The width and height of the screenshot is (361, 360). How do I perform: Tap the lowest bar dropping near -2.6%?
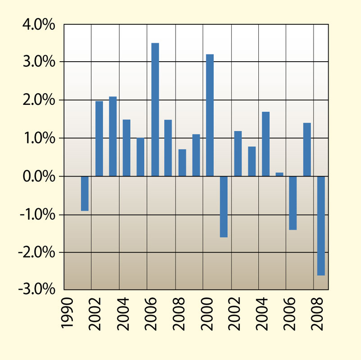tap(320, 225)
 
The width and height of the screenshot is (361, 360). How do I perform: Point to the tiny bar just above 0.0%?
tap(279, 174)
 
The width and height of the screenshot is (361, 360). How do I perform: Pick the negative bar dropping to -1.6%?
tap(224, 207)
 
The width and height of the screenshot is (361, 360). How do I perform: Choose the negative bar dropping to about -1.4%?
tap(293, 203)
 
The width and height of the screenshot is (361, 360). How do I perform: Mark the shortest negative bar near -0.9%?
tap(85, 193)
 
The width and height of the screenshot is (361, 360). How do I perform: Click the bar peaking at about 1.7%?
tap(266, 144)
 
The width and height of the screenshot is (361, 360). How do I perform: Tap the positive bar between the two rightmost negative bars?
tap(307, 149)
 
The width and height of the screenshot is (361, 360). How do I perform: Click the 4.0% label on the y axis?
tap(39, 25)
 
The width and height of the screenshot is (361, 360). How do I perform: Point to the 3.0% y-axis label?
tap(39, 62)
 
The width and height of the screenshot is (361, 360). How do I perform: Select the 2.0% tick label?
tap(39, 100)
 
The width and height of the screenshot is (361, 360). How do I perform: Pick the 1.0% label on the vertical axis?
tap(39, 138)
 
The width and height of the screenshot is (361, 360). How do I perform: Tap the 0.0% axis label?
tap(39, 176)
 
